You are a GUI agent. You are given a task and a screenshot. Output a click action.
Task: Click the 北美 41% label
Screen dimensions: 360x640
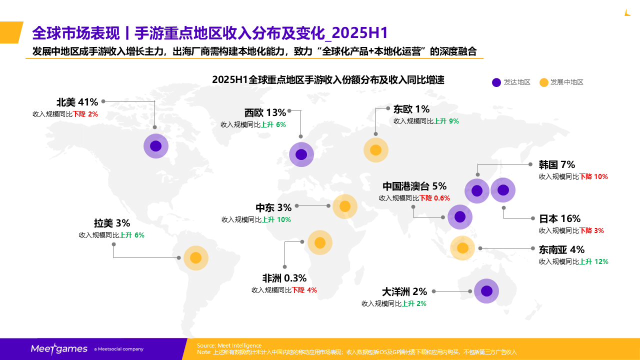(x=77, y=102)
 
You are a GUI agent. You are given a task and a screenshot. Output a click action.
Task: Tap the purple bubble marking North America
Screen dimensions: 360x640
(x=155, y=146)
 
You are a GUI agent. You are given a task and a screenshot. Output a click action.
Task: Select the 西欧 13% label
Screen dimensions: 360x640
(x=265, y=113)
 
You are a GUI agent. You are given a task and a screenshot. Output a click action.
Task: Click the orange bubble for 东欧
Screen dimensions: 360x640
(x=375, y=150)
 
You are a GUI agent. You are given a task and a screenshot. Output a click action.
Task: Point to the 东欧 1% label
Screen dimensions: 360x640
(x=411, y=109)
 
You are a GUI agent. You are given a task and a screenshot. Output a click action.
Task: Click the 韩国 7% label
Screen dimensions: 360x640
(x=557, y=164)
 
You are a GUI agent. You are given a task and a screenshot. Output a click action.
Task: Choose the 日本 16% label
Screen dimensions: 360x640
(x=559, y=218)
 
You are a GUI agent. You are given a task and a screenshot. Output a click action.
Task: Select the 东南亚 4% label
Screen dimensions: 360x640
(x=561, y=249)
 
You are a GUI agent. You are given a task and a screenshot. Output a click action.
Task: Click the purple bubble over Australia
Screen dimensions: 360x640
(x=486, y=291)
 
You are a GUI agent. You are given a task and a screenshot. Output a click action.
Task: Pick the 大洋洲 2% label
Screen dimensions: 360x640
(x=404, y=291)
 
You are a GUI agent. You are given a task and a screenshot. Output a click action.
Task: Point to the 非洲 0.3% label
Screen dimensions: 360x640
(x=284, y=278)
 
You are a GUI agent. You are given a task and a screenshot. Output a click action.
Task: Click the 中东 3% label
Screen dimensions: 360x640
(x=273, y=207)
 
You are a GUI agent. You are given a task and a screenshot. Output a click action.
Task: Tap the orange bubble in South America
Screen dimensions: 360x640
(x=195, y=258)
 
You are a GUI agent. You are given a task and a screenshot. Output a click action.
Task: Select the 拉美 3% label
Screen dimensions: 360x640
(x=112, y=223)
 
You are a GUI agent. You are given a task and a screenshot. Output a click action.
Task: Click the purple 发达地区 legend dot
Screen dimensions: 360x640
(x=496, y=82)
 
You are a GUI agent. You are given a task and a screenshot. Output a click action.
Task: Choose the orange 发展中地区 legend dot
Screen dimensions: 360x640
(x=544, y=82)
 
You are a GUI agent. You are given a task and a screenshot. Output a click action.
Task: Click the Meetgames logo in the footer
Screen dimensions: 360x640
(x=59, y=349)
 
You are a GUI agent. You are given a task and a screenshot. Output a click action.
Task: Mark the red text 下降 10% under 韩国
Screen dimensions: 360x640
(x=593, y=176)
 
